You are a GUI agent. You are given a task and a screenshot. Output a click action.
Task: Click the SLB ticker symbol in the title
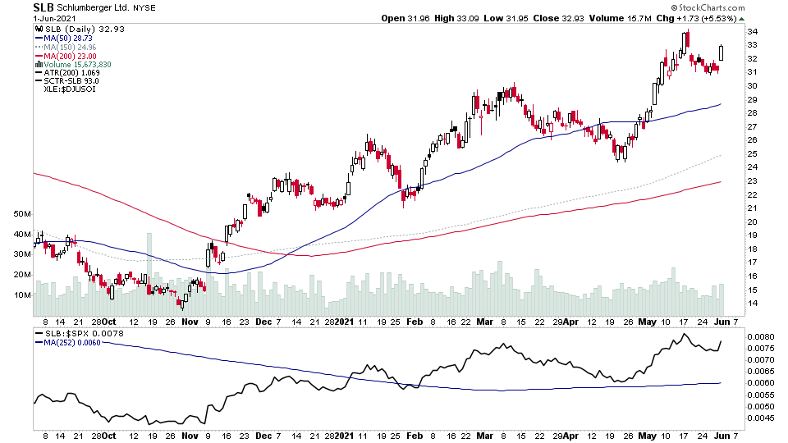coord(44,7)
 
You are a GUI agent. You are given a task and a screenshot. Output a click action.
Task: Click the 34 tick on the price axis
coord(751,32)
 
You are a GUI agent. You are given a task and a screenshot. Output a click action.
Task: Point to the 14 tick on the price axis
coord(751,304)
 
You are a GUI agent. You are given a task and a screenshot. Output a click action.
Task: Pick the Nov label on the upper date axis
coord(190,322)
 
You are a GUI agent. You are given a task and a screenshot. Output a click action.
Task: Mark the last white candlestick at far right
coord(722,52)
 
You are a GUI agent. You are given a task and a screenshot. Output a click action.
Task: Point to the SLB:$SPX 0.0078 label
coord(76,333)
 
